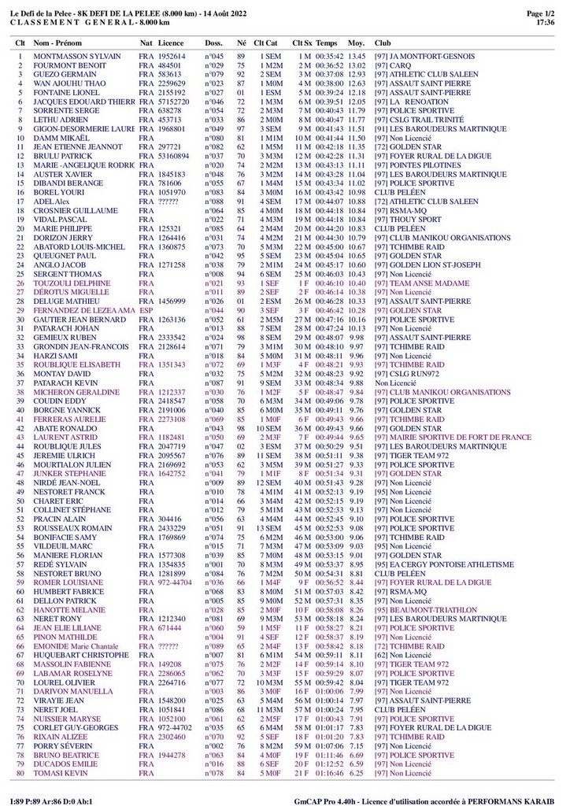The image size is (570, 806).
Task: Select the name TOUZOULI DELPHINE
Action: click(x=69, y=282)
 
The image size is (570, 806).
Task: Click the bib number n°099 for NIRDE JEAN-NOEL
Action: click(x=214, y=482)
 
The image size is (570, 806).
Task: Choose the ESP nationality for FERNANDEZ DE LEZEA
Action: click(x=145, y=312)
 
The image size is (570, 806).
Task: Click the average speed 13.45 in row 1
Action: click(x=357, y=57)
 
